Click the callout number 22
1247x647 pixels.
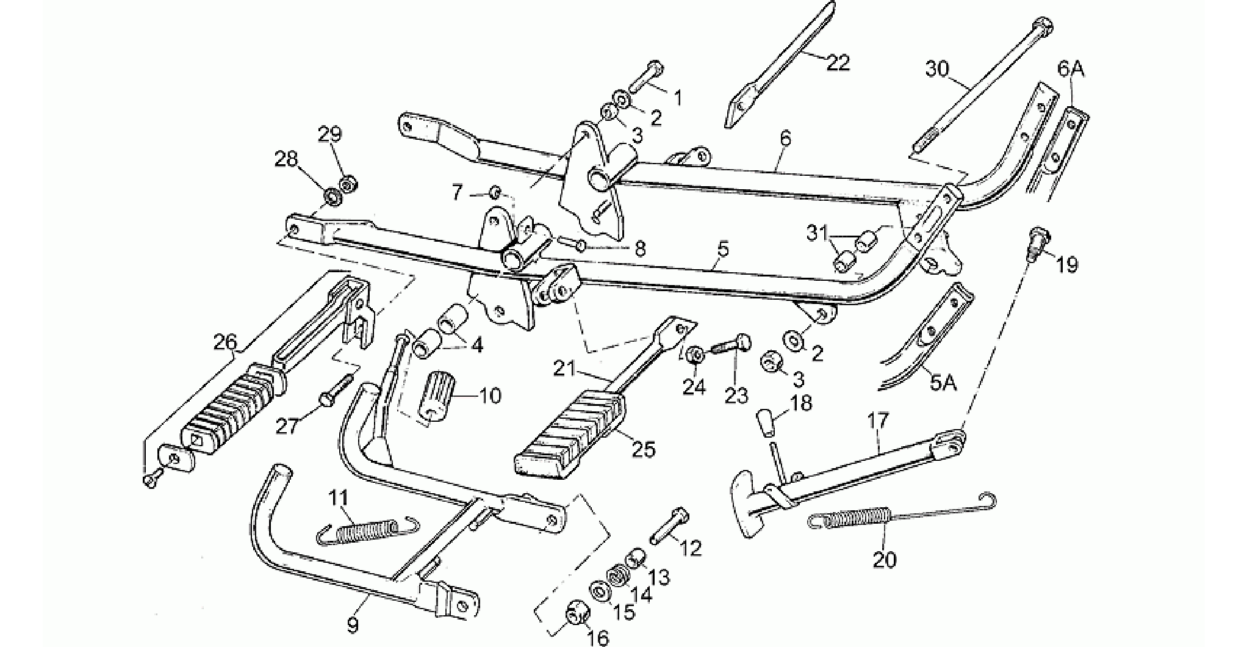point(838,62)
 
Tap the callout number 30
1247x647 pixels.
point(938,69)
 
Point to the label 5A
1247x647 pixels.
point(943,383)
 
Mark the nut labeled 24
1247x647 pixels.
point(695,355)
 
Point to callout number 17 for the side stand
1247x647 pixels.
point(879,421)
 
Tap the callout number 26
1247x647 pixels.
point(225,342)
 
